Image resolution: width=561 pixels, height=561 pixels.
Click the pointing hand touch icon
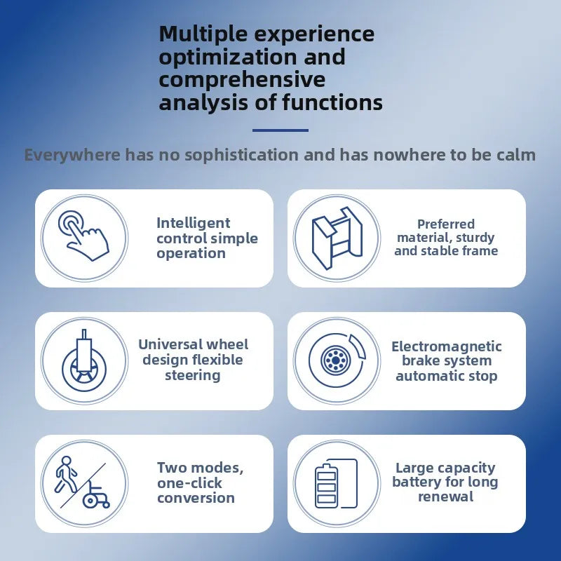pyautogui.click(x=83, y=236)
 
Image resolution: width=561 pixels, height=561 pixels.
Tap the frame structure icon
pyautogui.click(x=337, y=238)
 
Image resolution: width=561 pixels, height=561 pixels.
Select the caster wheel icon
pyautogui.click(x=84, y=360)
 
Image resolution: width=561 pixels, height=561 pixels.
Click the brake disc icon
pyautogui.click(x=337, y=360)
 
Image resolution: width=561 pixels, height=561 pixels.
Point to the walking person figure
pyautogui.click(x=65, y=474)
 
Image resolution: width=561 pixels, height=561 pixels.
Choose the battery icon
pyautogui.click(x=336, y=483)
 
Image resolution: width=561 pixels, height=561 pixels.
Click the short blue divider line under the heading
pyautogui.click(x=280, y=130)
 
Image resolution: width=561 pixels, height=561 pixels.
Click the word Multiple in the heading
pyautogui.click(x=203, y=34)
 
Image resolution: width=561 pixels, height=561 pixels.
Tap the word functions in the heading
pyautogui.click(x=332, y=102)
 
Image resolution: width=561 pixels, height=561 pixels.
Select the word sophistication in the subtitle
pyautogui.click(x=241, y=155)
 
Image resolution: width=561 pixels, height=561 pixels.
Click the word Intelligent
pyautogui.click(x=194, y=223)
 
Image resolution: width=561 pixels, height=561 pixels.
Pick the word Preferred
pyautogui.click(x=446, y=224)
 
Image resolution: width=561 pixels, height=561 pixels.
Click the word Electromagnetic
pyautogui.click(x=447, y=346)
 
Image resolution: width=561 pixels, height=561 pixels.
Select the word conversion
pyautogui.click(x=196, y=498)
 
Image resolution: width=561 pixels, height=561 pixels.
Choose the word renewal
pyautogui.click(x=446, y=496)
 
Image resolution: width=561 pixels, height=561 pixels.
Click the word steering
pyautogui.click(x=192, y=376)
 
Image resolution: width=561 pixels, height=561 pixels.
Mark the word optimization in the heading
pyautogui.click(x=227, y=58)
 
